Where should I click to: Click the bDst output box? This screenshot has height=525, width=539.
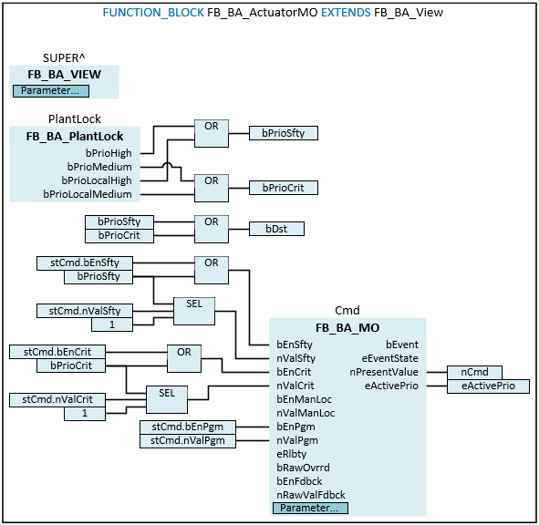[276, 229]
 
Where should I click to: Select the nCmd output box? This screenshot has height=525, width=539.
[474, 372]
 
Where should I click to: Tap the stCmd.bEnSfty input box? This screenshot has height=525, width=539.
[85, 262]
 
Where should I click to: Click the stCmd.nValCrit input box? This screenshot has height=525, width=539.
[57, 399]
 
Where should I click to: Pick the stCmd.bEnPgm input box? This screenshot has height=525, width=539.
[188, 427]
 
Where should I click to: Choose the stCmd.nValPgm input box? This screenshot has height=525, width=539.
[188, 441]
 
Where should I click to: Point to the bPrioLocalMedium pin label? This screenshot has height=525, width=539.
[88, 194]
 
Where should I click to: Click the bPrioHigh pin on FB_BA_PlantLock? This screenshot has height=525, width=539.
[109, 153]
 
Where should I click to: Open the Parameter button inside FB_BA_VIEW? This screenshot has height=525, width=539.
[51, 91]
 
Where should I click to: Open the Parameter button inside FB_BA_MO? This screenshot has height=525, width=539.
[310, 509]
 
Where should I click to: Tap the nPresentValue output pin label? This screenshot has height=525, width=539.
[384, 372]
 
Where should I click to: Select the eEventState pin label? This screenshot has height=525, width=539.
[389, 358]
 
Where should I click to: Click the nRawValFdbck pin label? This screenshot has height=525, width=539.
[311, 495]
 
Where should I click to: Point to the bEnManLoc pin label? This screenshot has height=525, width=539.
[305, 399]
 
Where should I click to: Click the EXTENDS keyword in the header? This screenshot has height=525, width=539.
[346, 13]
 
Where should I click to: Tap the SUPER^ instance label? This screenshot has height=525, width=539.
[64, 58]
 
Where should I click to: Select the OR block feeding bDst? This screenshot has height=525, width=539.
[212, 229]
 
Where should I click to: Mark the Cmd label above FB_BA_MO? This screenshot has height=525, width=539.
[347, 311]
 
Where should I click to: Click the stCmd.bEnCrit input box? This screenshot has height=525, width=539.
[57, 352]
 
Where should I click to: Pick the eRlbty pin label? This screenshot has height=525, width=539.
[292, 454]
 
